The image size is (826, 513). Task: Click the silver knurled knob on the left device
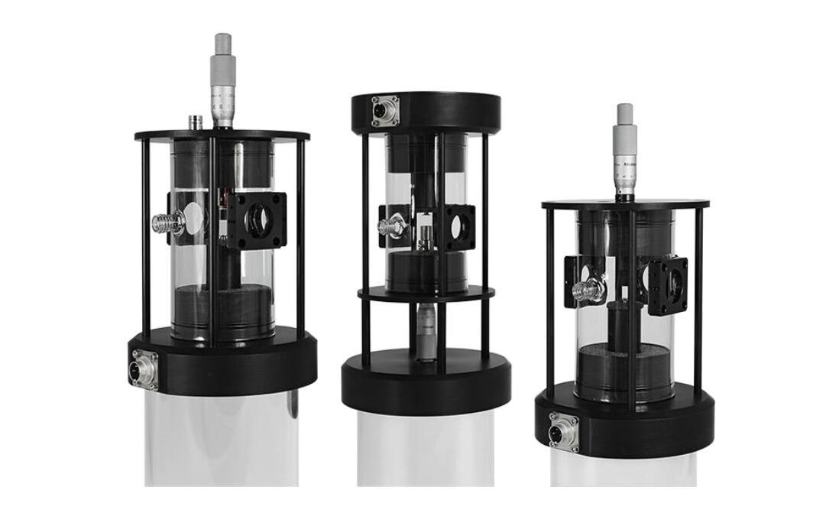(x=165, y=223)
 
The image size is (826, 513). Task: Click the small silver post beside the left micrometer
(x=194, y=122)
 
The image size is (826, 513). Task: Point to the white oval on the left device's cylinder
(x=195, y=218)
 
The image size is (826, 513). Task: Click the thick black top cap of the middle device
(x=425, y=112)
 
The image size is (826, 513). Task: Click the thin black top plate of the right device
(x=625, y=205)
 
